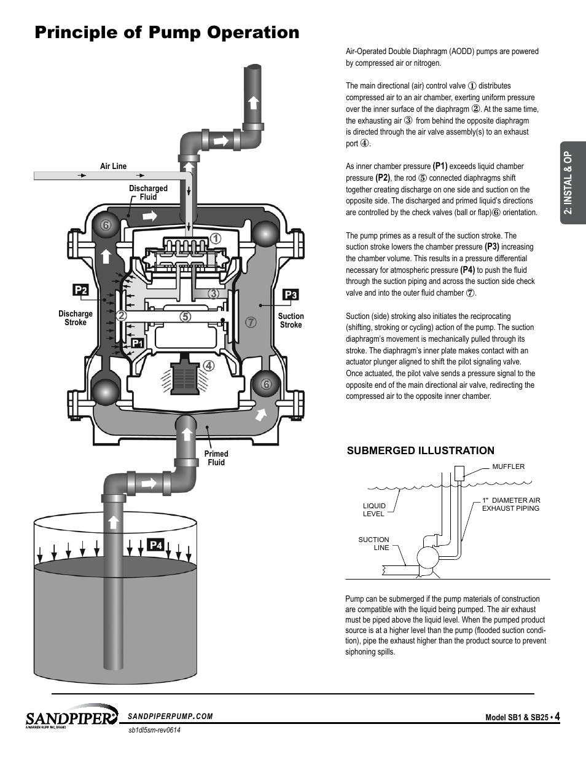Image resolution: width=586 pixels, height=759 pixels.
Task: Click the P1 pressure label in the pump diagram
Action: tap(138, 344)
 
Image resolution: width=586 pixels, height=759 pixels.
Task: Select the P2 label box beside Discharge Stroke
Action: tap(80, 290)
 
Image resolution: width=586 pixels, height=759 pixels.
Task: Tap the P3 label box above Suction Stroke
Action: tap(291, 295)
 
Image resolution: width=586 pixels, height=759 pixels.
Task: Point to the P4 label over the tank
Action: tap(155, 545)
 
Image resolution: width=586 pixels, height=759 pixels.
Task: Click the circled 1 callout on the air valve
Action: tap(216, 238)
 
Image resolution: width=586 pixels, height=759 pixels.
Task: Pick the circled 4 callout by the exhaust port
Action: tap(209, 366)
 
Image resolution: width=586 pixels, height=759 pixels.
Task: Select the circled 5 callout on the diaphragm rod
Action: tap(186, 317)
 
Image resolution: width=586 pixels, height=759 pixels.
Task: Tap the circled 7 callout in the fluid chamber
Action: tap(251, 322)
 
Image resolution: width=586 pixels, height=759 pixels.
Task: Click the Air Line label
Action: tap(114, 167)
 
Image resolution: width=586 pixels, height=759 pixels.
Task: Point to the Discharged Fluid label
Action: tap(148, 192)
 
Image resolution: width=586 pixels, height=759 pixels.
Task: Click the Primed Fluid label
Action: tap(216, 458)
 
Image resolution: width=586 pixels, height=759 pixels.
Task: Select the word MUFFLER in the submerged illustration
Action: tap(508, 466)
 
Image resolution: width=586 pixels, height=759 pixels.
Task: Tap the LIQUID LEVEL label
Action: tap(374, 509)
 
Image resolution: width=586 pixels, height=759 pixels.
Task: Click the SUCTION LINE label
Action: tap(373, 543)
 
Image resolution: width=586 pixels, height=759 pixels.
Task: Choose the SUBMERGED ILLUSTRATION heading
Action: tap(421, 450)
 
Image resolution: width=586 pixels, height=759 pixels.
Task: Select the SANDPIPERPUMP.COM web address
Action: tap(170, 717)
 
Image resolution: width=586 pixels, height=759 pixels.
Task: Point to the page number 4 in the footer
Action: tap(557, 717)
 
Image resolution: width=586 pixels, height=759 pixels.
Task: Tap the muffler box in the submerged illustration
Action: tap(459, 473)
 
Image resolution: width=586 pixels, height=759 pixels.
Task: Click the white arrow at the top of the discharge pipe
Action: tap(254, 103)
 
